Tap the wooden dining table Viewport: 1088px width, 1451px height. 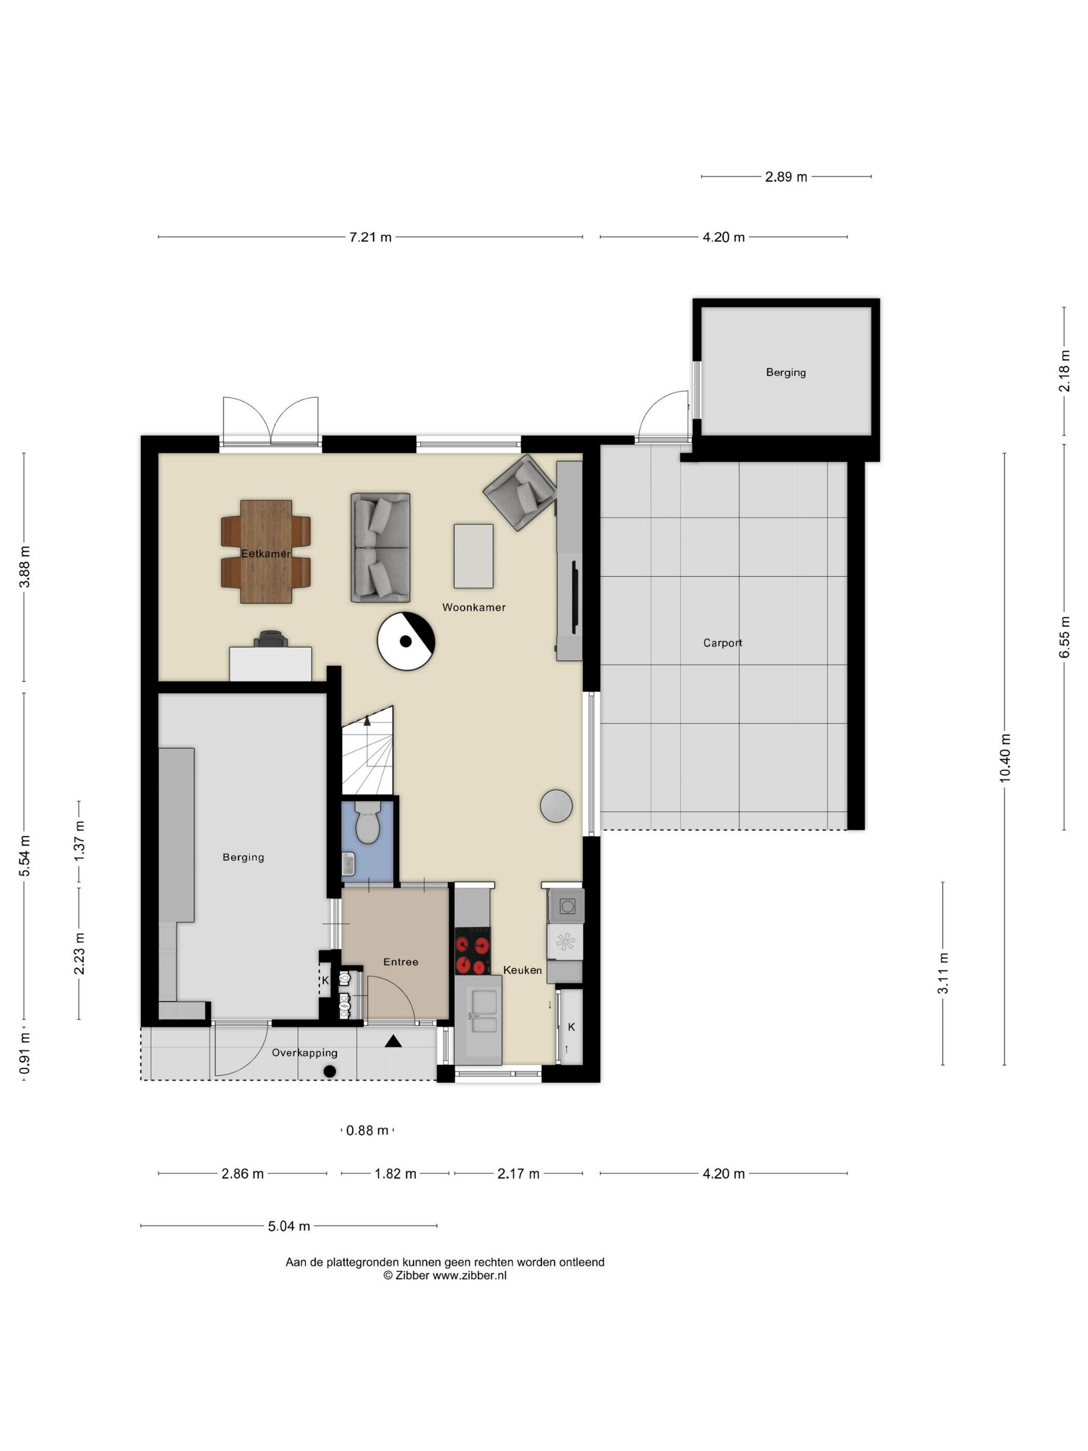click(x=266, y=551)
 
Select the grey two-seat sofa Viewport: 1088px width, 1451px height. click(x=380, y=548)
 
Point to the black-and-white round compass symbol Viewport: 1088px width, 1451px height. click(x=407, y=641)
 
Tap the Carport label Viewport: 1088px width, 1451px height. click(x=722, y=643)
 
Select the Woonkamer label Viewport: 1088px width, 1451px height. click(x=474, y=607)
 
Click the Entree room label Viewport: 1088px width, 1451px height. click(x=400, y=962)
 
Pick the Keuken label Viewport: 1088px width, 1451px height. click(x=522, y=970)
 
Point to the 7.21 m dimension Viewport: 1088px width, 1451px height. click(x=370, y=237)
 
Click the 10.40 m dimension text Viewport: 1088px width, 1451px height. click(x=1005, y=758)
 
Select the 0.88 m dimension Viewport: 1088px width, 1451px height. click(x=367, y=1130)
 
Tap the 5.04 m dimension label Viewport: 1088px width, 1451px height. click(x=289, y=1226)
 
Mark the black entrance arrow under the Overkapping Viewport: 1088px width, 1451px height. click(x=393, y=1041)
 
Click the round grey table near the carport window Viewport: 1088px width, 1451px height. click(x=556, y=805)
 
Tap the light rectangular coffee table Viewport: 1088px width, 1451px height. click(x=474, y=556)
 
